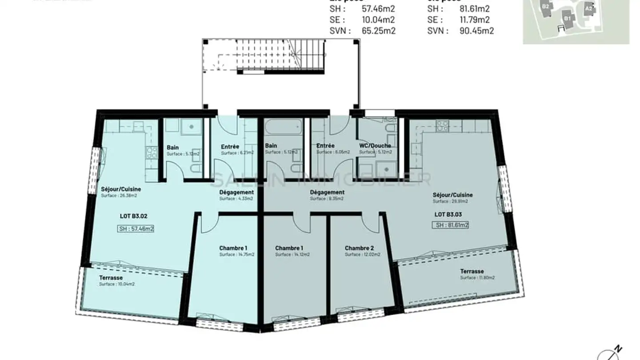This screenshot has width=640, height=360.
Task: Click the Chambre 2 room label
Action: click(x=359, y=248)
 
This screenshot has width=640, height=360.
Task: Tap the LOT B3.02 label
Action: click(x=133, y=216)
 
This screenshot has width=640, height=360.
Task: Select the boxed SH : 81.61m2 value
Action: click(x=451, y=225)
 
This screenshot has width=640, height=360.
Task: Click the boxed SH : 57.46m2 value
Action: click(x=136, y=229)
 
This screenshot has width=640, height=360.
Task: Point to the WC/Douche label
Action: click(x=375, y=146)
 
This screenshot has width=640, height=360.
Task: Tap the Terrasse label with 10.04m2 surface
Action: click(x=111, y=278)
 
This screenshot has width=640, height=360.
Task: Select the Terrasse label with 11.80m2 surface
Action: click(x=472, y=271)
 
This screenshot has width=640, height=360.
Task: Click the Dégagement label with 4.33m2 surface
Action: click(x=236, y=192)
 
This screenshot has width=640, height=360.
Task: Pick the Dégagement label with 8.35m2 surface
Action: click(x=327, y=192)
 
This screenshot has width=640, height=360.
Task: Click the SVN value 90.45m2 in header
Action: click(x=476, y=31)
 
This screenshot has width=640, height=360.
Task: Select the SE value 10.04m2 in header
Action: click(x=379, y=20)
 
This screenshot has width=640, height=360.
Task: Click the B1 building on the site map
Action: click(x=567, y=19)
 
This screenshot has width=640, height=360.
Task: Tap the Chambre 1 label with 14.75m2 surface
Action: click(x=233, y=248)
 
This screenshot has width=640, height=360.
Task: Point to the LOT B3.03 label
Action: click(x=448, y=214)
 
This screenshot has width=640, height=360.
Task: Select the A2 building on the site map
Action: click(x=588, y=8)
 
